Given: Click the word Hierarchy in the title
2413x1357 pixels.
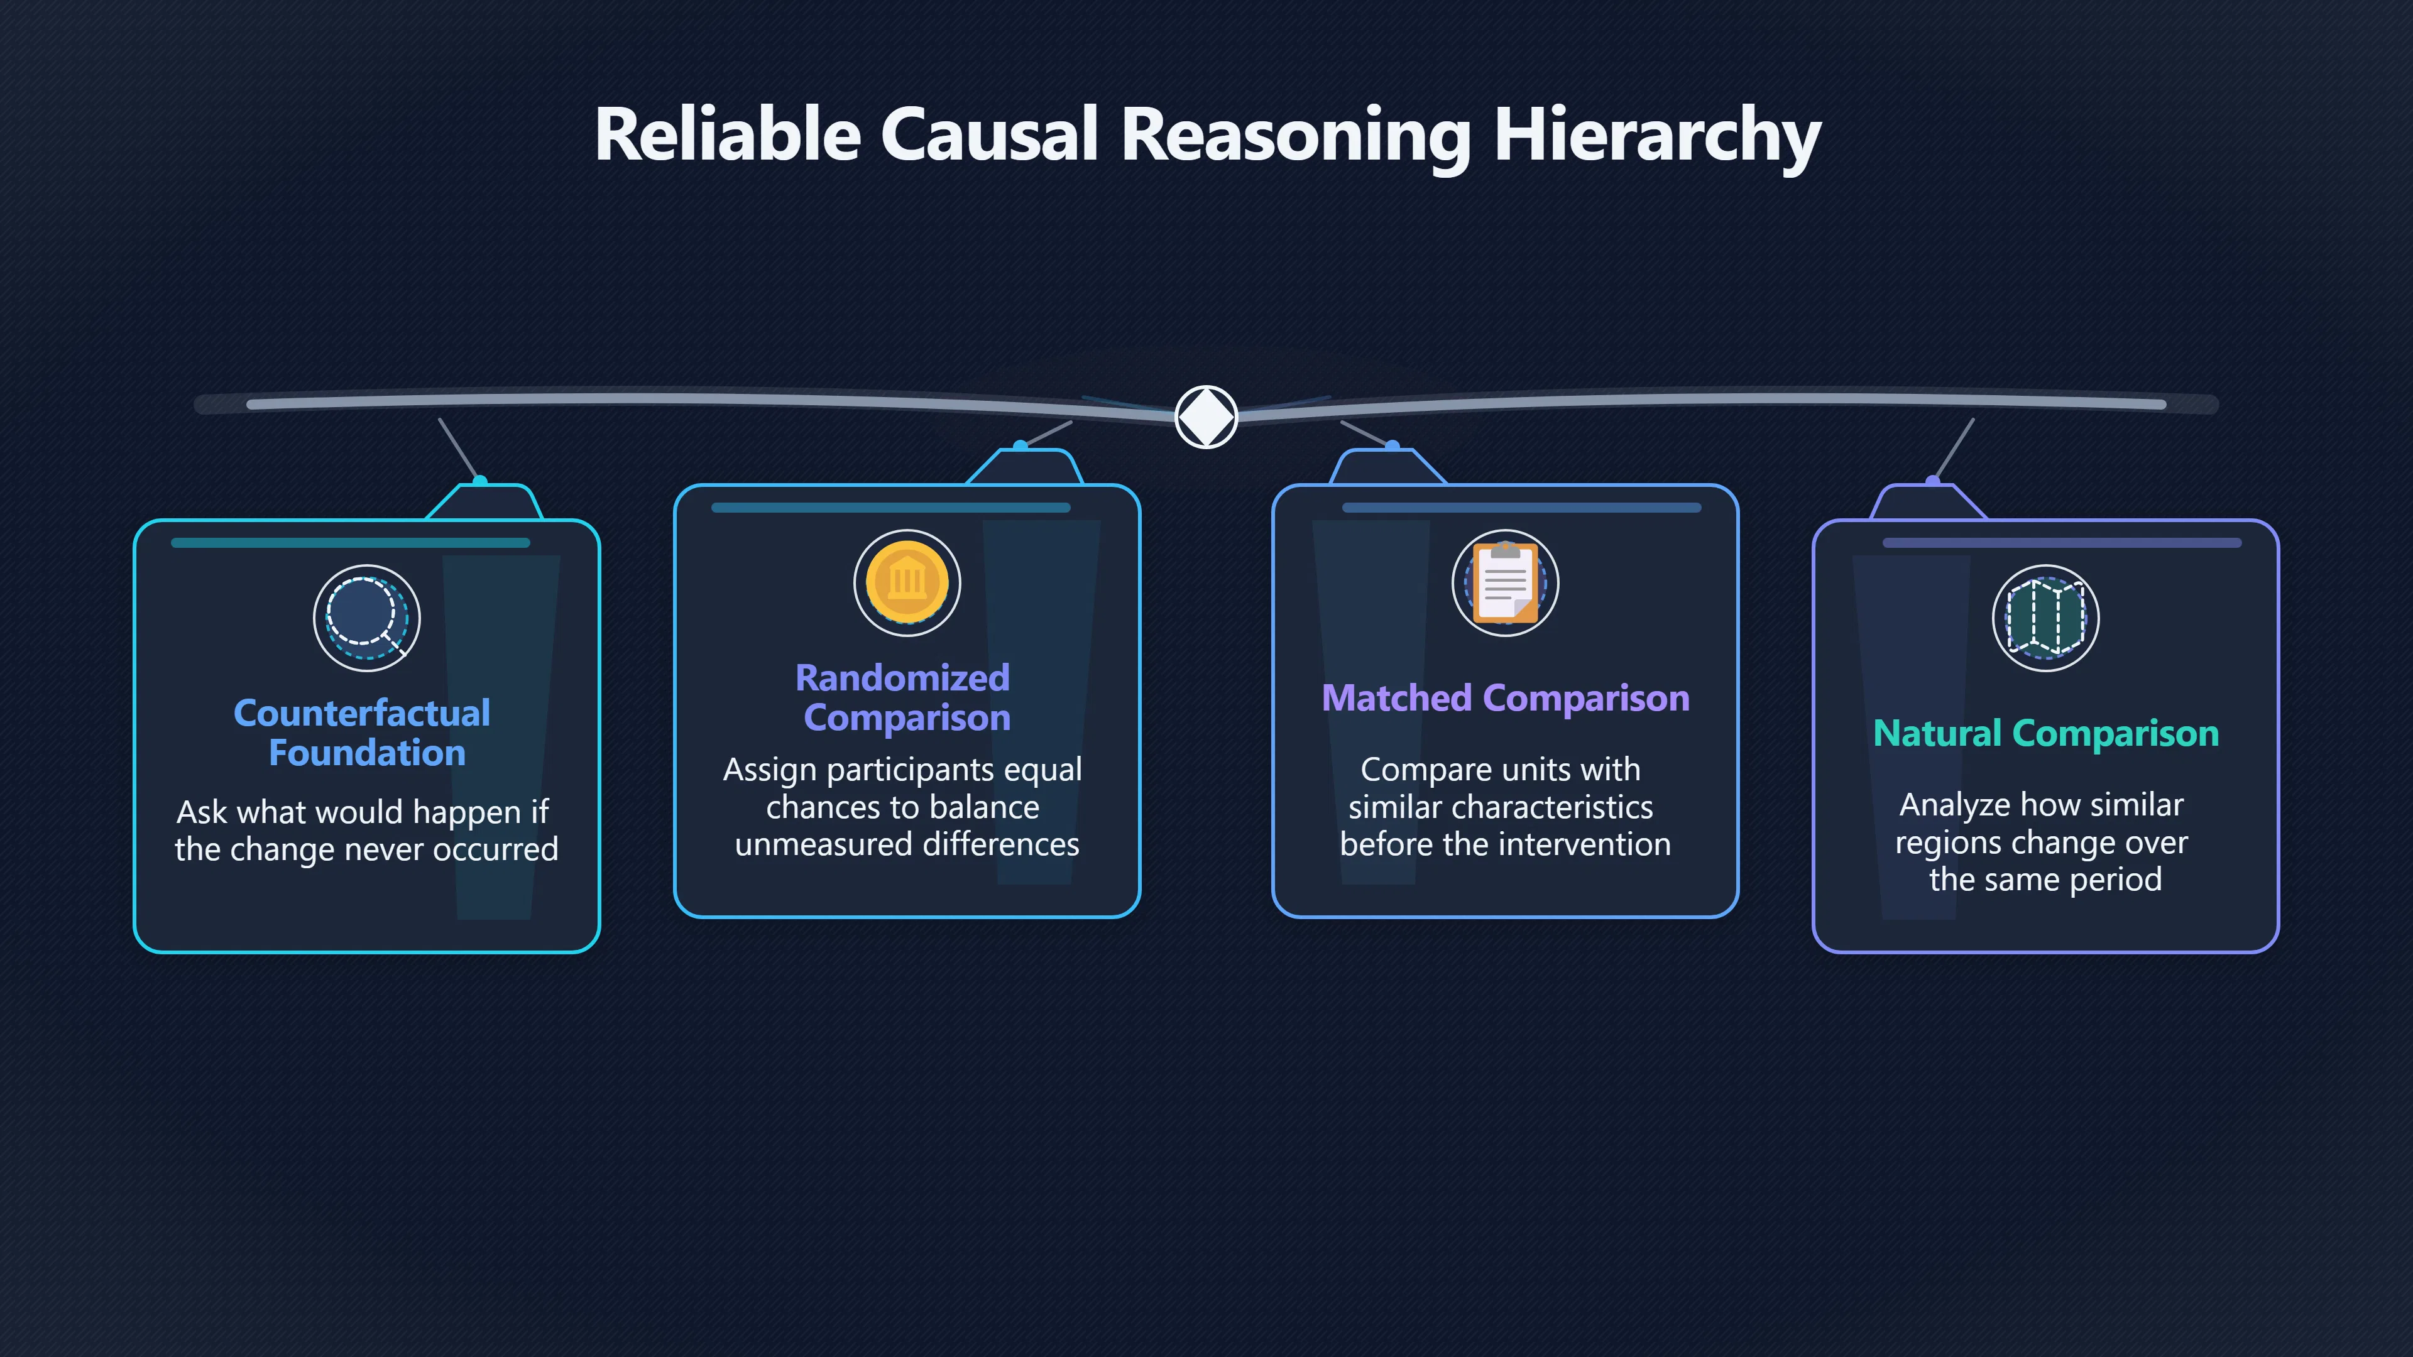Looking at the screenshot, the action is tap(1657, 135).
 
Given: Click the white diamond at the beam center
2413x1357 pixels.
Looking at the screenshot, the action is tap(1206, 417).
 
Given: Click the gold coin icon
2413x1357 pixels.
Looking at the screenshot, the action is tap(907, 582).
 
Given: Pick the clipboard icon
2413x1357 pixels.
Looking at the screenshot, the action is tap(1506, 582).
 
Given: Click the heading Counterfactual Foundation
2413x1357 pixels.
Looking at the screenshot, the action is tap(363, 733).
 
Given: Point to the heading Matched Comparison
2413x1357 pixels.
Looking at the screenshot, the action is tap(1506, 699).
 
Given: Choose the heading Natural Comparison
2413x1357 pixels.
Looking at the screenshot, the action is tap(2046, 733).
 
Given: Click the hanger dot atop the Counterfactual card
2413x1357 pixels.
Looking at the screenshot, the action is tap(479, 481).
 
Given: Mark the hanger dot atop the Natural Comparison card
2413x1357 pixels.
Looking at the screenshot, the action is tap(1932, 481).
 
